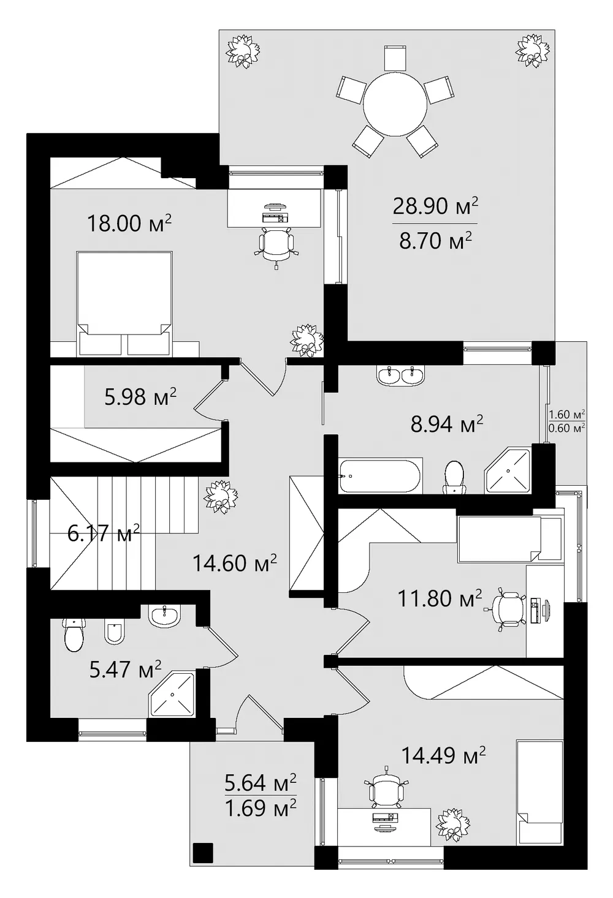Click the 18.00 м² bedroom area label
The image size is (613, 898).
(129, 222)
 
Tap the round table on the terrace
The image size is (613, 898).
(395, 105)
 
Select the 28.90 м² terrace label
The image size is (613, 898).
(435, 206)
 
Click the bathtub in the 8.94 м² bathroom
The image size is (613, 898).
(380, 477)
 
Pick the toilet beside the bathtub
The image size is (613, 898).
(454, 477)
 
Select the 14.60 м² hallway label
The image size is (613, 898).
(235, 562)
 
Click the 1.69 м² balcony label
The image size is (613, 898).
(261, 807)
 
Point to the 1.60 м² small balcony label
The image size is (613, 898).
(566, 413)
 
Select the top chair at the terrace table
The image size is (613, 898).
(395, 59)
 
